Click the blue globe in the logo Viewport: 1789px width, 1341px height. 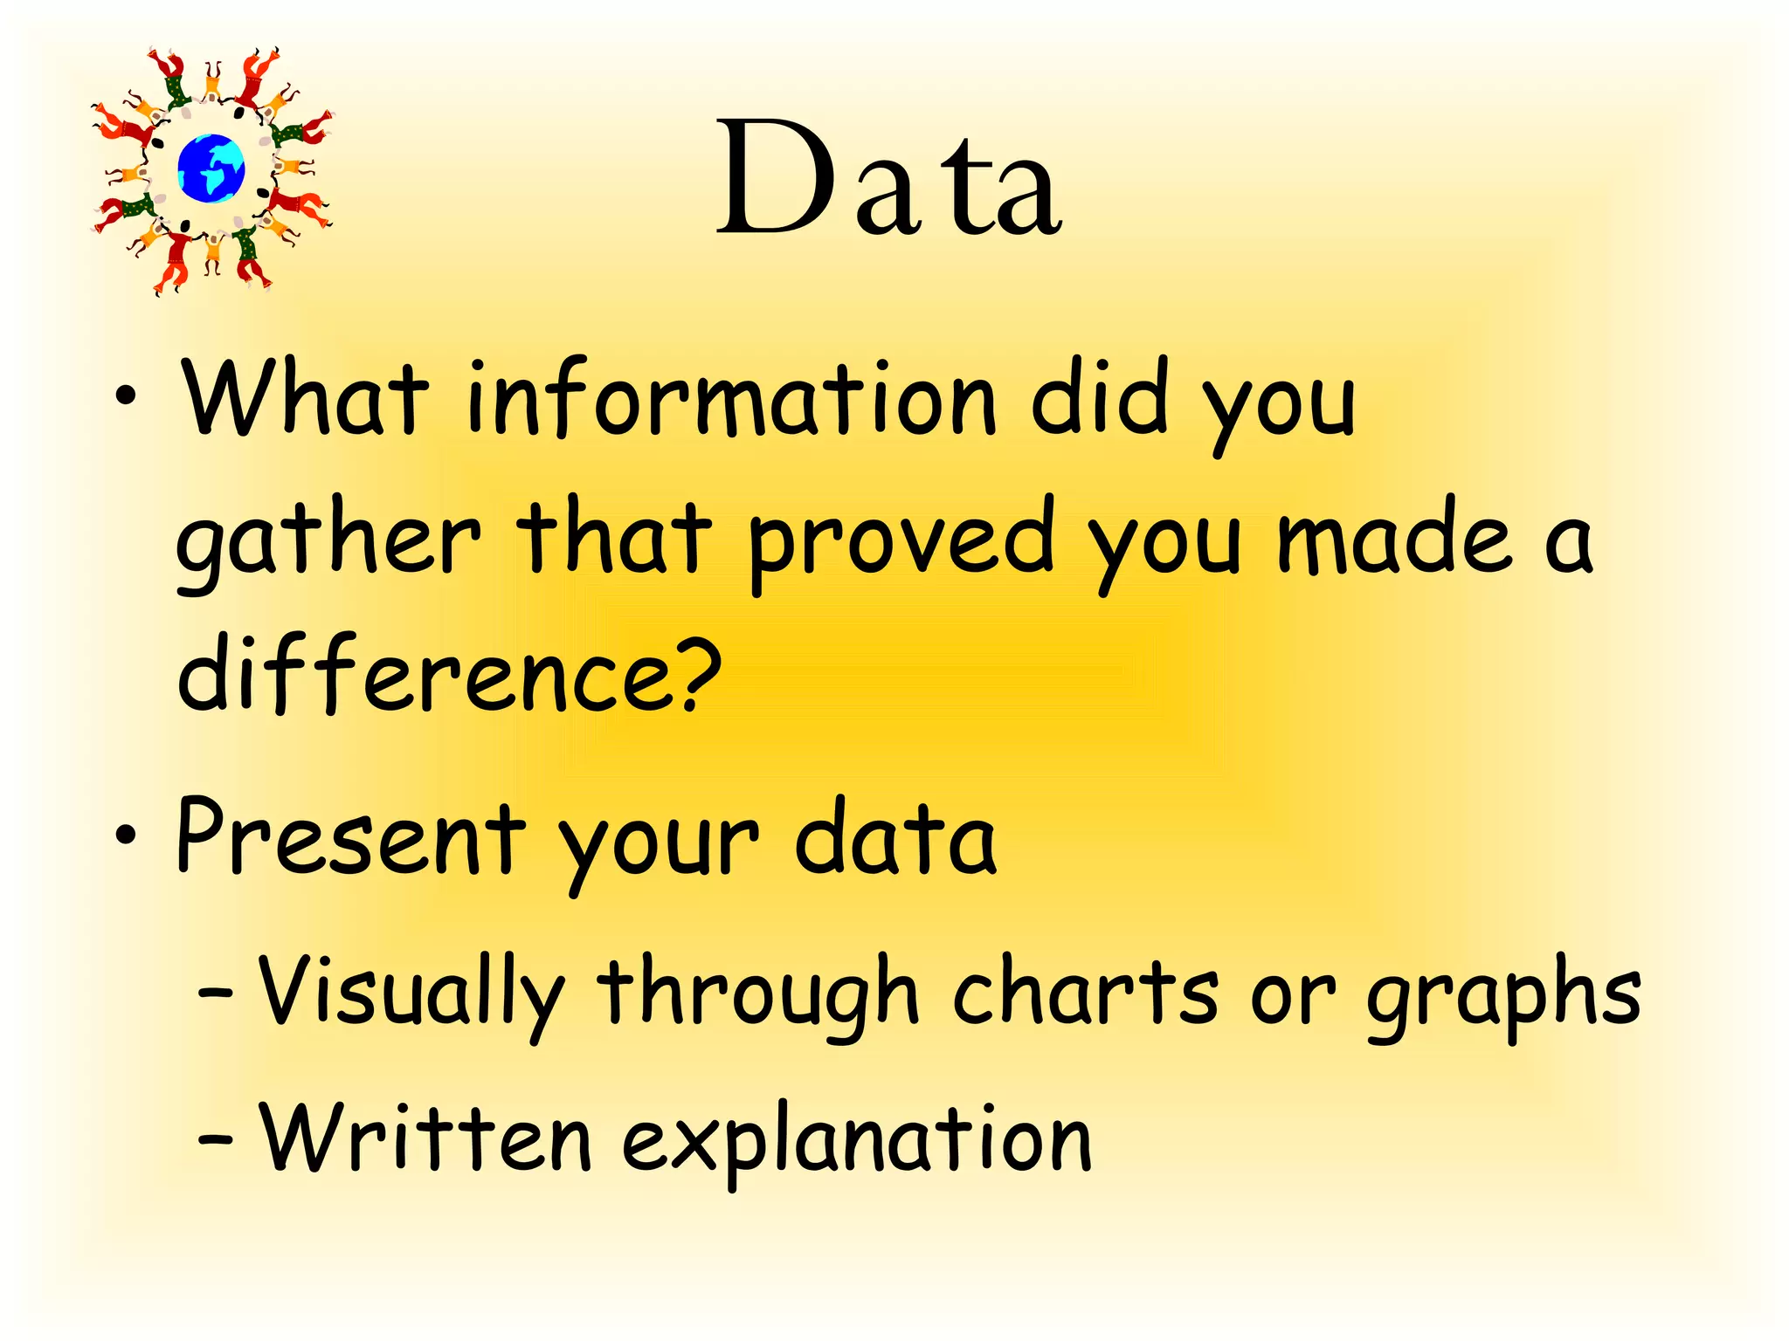tap(211, 168)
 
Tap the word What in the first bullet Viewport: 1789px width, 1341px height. tap(305, 397)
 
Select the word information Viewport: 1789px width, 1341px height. tap(730, 397)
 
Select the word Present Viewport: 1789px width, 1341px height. tap(350, 836)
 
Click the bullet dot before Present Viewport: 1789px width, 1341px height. tap(127, 835)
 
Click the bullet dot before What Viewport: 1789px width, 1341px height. tap(127, 396)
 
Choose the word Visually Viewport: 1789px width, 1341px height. tap(411, 995)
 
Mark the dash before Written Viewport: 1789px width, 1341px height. tap(215, 1139)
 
